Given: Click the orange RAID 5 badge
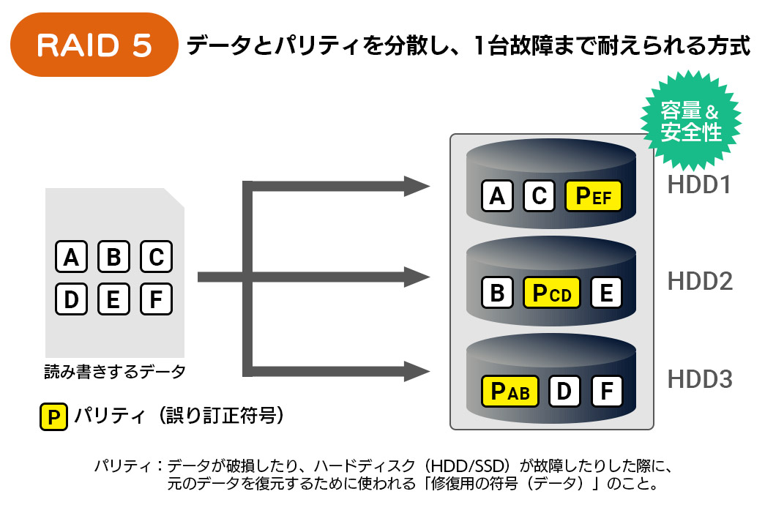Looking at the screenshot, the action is pyautogui.click(x=94, y=45).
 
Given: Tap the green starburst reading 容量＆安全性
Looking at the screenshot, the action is pyautogui.click(x=691, y=121).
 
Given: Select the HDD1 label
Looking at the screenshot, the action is pyautogui.click(x=699, y=184).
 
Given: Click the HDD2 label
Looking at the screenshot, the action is pyautogui.click(x=700, y=282).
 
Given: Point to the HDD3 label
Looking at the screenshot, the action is pyautogui.click(x=700, y=379).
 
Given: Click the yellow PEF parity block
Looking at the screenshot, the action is pyautogui.click(x=593, y=195).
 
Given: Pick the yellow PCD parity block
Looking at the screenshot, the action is pyautogui.click(x=551, y=293).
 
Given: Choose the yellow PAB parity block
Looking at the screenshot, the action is pyautogui.click(x=510, y=391).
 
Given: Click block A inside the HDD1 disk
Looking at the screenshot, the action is pyautogui.click(x=497, y=195).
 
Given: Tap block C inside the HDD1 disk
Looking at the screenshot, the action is pyautogui.click(x=539, y=195).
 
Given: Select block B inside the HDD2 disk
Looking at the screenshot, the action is pyautogui.click(x=497, y=293).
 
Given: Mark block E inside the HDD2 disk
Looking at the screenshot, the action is pyautogui.click(x=606, y=293).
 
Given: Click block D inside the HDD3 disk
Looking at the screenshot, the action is pyautogui.click(x=564, y=391).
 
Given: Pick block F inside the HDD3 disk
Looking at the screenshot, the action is pyautogui.click(x=607, y=391).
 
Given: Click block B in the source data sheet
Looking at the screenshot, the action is pyautogui.click(x=113, y=256).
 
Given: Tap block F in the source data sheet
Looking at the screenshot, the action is pyautogui.click(x=156, y=299).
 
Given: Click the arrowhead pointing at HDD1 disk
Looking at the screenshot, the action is pyautogui.click(x=417, y=186).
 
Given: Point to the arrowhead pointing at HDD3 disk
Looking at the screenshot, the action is pyautogui.click(x=417, y=371).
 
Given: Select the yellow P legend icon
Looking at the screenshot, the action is pyautogui.click(x=53, y=416).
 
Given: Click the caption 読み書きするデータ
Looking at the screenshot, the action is pyautogui.click(x=115, y=372).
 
